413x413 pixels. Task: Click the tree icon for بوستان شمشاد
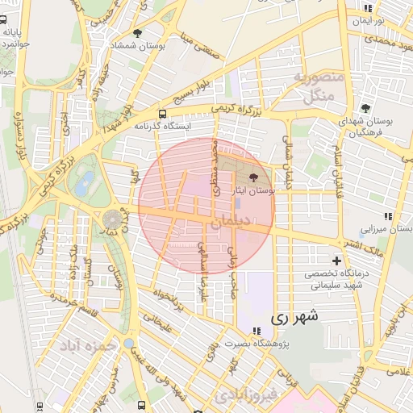point(138,34)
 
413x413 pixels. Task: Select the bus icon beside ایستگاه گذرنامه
point(163,114)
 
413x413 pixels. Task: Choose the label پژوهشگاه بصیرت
point(256,344)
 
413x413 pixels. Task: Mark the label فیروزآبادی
point(246,395)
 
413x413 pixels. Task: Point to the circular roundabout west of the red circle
point(111,219)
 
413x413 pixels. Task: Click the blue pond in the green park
point(84,183)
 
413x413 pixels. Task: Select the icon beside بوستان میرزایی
point(388,216)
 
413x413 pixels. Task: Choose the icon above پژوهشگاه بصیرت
point(256,331)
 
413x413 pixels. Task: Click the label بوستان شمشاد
point(139,47)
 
